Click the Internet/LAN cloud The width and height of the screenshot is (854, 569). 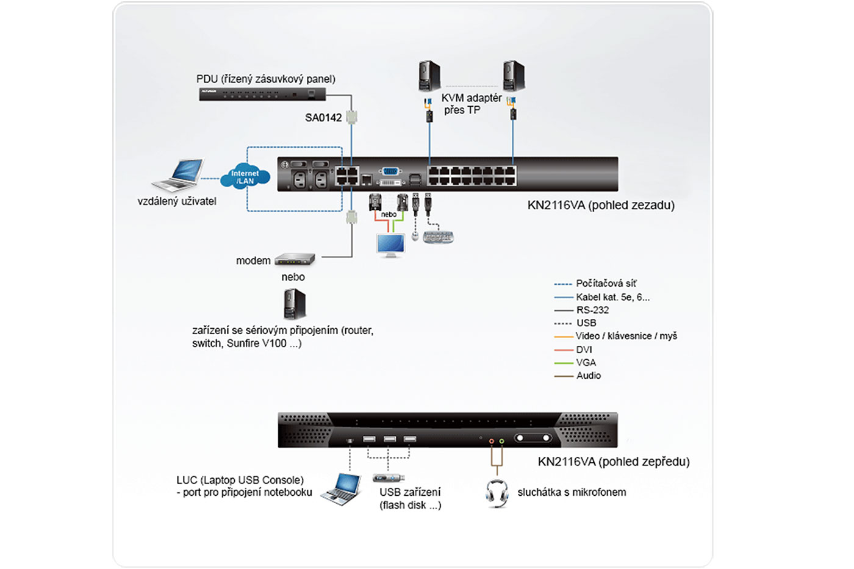245,177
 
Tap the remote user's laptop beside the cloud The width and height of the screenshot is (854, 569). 179,175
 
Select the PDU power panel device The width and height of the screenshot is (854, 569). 262,95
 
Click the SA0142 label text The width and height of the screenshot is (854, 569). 323,118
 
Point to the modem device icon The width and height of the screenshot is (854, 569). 295,260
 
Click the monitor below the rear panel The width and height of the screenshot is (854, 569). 390,245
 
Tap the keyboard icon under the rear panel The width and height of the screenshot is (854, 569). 439,237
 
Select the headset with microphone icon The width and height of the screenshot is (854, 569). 497,493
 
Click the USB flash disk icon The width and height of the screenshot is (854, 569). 389,478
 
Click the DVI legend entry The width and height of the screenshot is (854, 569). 584,349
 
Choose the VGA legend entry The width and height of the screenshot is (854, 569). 586,362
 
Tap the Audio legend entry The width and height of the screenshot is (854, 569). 588,376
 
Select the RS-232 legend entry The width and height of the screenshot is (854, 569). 592,310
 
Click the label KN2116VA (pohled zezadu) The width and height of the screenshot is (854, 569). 601,206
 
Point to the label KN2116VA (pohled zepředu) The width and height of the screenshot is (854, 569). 614,462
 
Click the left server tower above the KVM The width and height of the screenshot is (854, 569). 429,76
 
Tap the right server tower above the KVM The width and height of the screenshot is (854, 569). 514,76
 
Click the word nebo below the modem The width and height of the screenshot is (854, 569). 293,277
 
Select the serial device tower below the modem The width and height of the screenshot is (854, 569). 295,304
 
